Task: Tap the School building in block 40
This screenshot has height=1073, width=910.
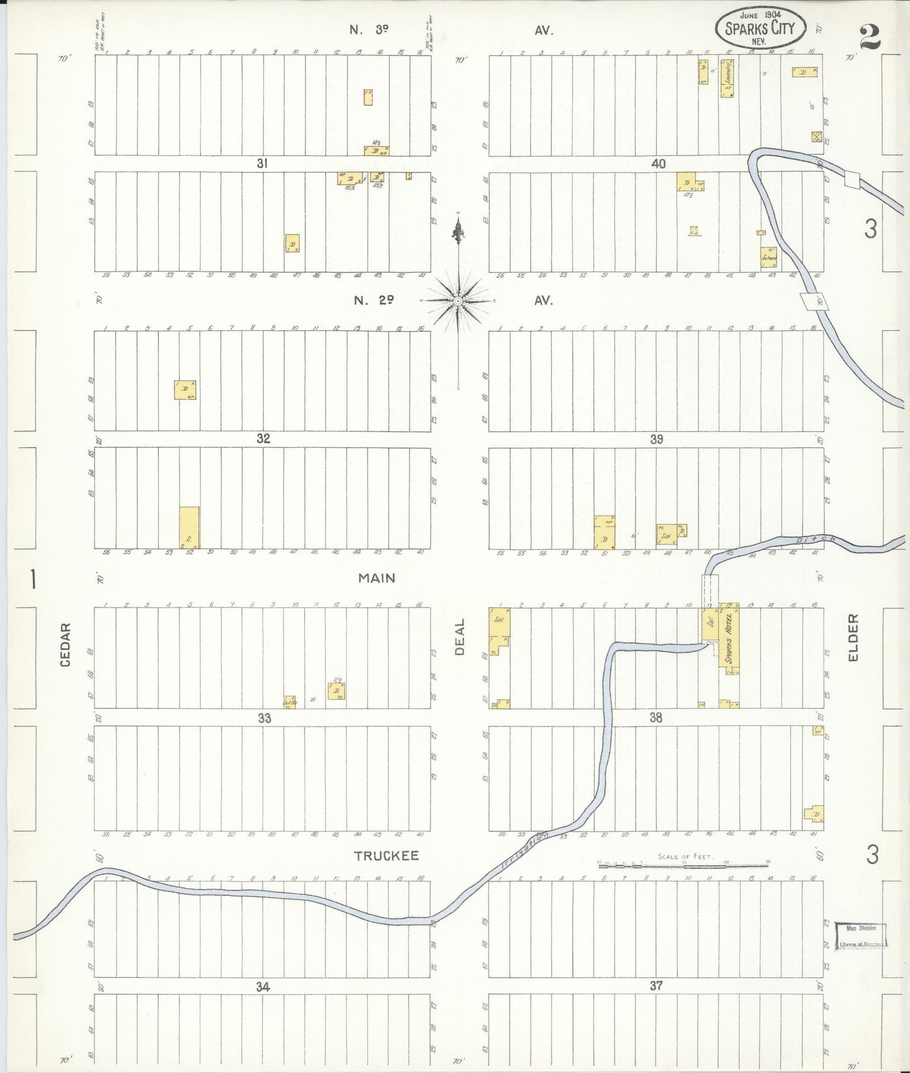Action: (x=768, y=257)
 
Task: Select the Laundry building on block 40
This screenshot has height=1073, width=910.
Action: (x=727, y=78)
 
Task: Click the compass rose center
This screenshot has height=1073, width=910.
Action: (x=458, y=302)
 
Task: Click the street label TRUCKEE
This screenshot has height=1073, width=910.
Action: (x=386, y=856)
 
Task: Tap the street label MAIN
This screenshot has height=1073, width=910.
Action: (x=377, y=578)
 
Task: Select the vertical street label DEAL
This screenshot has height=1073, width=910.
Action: (x=460, y=637)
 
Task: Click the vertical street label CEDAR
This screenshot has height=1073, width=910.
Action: (x=65, y=645)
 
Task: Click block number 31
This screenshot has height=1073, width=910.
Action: (x=263, y=164)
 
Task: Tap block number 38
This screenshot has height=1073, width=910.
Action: (x=656, y=717)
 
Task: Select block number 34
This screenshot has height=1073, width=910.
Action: (x=263, y=987)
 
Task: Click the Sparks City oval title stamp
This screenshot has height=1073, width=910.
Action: (x=760, y=28)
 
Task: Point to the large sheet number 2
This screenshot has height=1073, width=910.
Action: (x=870, y=37)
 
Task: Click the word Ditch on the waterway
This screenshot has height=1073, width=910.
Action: (x=815, y=540)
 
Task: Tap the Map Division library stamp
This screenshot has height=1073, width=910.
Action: (x=861, y=936)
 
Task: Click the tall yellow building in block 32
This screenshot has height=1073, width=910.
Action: (x=190, y=527)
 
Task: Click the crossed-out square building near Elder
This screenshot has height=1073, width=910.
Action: (x=817, y=137)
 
